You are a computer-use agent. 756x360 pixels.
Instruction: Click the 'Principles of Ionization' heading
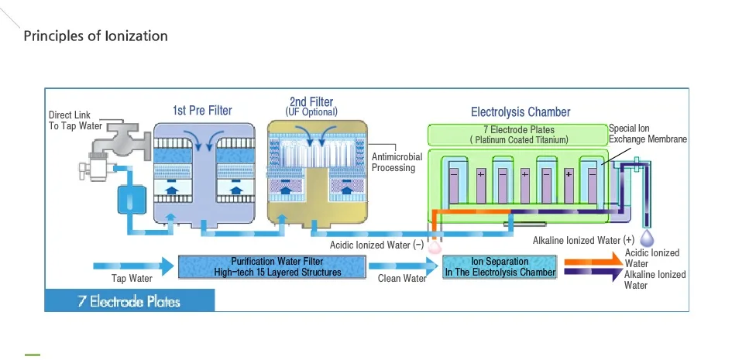pyautogui.click(x=95, y=36)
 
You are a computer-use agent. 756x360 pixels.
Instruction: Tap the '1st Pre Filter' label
pyautogui.click(x=202, y=110)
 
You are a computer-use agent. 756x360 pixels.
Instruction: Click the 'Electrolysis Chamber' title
pyautogui.click(x=521, y=112)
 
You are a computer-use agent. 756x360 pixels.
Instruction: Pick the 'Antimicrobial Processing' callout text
pyautogui.click(x=397, y=162)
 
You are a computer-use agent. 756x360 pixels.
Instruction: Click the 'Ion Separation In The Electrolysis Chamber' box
pyautogui.click(x=500, y=267)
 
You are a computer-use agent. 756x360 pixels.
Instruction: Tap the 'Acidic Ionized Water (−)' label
pyautogui.click(x=376, y=245)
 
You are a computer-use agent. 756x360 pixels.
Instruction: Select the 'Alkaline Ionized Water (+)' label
pyautogui.click(x=583, y=240)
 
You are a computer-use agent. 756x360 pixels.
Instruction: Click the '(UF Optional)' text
pyautogui.click(x=312, y=112)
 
